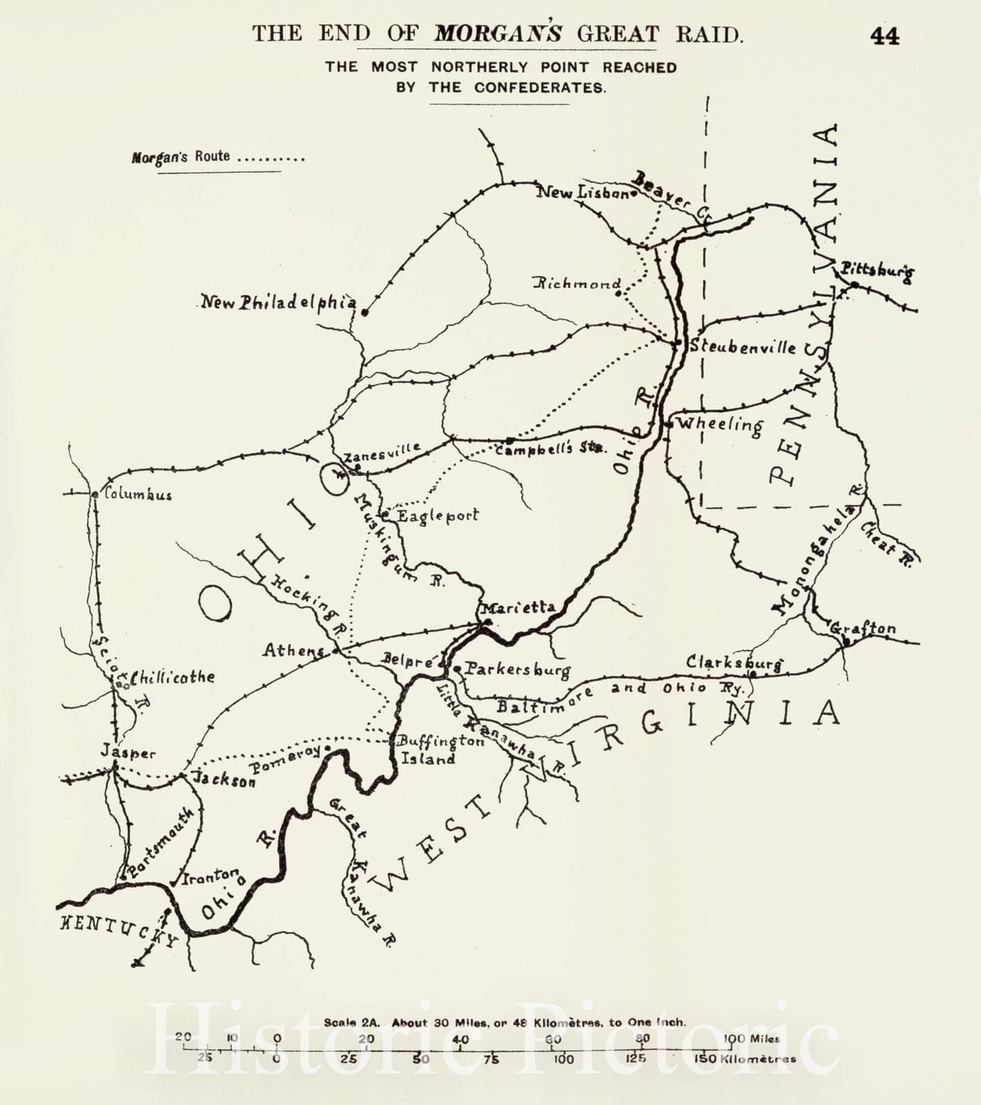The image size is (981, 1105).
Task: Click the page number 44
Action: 884,36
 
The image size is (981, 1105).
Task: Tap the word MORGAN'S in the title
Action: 497,34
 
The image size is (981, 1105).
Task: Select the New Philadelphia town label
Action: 278,302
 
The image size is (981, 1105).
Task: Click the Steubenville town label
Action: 743,347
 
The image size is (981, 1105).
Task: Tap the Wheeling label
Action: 720,425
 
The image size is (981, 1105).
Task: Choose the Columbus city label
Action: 137,494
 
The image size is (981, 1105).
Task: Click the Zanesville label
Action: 382,452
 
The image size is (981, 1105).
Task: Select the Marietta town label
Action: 517,607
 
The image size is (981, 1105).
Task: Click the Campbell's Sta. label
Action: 551,448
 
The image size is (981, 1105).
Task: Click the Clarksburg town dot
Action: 753,673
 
